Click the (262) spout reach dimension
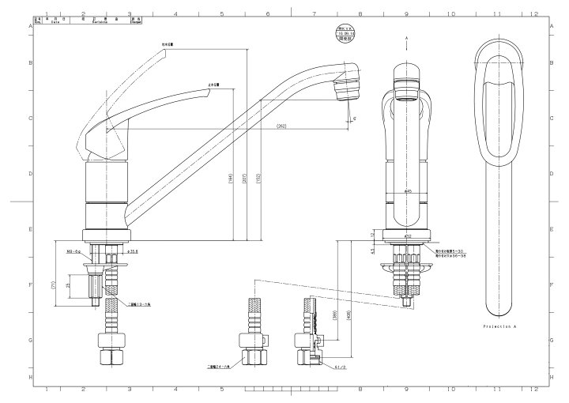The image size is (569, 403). (281, 126)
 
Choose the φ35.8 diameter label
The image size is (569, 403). (134, 251)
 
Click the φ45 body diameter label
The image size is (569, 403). (408, 190)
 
